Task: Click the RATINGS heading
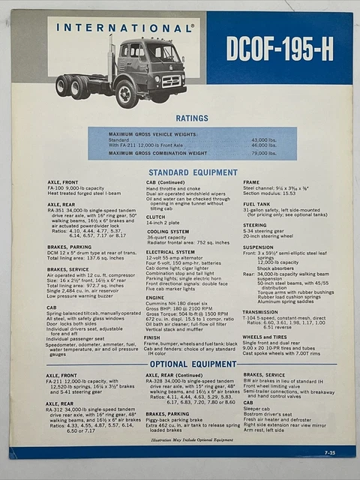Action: [192, 118]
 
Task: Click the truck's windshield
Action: [162, 53]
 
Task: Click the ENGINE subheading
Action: [155, 298]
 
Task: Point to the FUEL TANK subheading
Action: [256, 203]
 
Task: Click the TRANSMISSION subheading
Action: [260, 312]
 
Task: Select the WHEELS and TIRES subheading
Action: [265, 337]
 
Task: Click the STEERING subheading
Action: [254, 224]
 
